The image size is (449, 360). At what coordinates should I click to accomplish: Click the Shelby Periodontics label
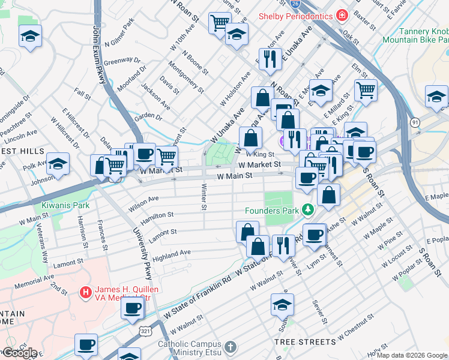click(x=296, y=16)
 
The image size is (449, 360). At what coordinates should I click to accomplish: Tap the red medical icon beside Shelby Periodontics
click(x=342, y=15)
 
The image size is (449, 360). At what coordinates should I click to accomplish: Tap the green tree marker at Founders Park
click(x=308, y=210)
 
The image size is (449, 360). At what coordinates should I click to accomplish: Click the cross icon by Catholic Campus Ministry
click(x=229, y=347)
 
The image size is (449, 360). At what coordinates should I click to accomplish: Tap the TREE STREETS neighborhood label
click(x=305, y=341)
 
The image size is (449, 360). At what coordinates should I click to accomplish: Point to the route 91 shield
click(x=415, y=122)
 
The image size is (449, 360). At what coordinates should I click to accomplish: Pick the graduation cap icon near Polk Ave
click(x=58, y=164)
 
